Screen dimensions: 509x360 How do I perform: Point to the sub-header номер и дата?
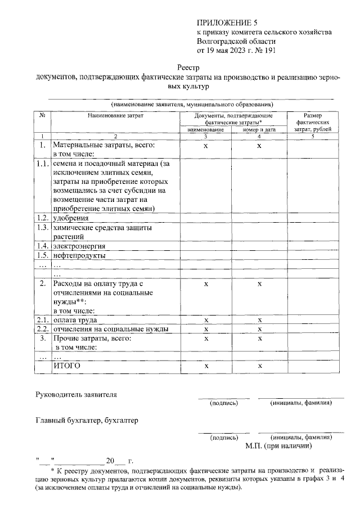(x=259, y=129)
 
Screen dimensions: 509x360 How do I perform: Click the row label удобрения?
(x=71, y=218)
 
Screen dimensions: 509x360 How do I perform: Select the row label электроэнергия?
(x=79, y=246)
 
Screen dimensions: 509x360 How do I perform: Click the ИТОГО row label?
(x=67, y=366)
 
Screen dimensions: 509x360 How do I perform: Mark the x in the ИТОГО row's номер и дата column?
(x=259, y=366)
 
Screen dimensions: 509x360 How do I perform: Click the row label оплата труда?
(x=71, y=319)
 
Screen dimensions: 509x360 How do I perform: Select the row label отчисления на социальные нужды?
(x=110, y=329)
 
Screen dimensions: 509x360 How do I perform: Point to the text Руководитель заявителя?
(x=76, y=395)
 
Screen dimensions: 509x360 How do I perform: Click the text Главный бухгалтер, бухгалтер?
(x=86, y=420)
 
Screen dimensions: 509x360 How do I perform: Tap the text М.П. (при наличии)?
(x=278, y=446)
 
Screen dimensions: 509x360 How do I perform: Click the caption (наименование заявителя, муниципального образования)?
(x=192, y=104)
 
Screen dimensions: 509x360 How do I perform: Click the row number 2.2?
(x=42, y=329)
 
